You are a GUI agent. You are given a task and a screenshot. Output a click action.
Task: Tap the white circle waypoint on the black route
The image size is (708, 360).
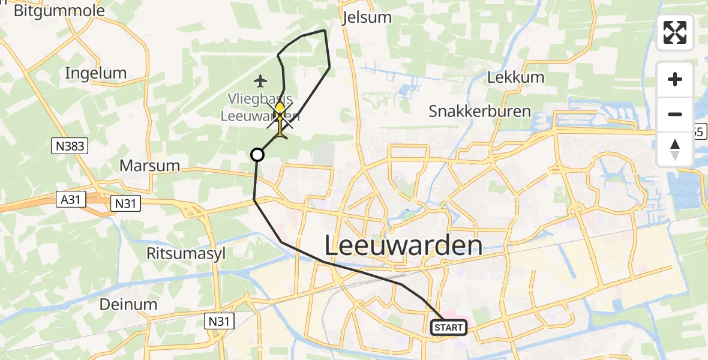click(257, 155)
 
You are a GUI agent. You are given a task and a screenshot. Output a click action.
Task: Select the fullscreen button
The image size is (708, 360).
click(675, 32)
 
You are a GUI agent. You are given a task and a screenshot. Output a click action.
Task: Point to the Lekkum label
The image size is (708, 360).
click(515, 77)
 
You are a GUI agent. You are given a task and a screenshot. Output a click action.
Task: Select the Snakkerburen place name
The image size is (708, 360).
click(479, 111)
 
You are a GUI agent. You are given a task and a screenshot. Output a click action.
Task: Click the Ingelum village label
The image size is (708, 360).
click(96, 73)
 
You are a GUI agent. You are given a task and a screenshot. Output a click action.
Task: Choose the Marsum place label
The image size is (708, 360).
click(150, 165)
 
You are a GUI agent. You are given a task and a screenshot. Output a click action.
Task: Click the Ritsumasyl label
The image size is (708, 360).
click(186, 253)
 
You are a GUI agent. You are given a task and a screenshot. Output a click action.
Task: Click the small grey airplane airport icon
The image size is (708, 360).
click(260, 80)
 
